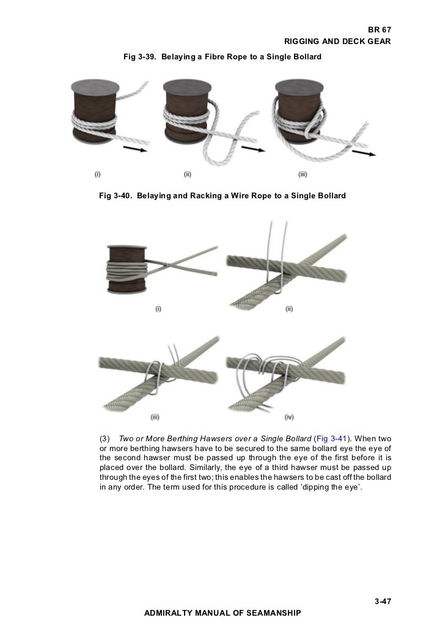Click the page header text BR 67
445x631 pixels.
pos(379,30)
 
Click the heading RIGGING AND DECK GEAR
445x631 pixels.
pos(337,42)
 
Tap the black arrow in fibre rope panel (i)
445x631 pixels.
pos(133,148)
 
